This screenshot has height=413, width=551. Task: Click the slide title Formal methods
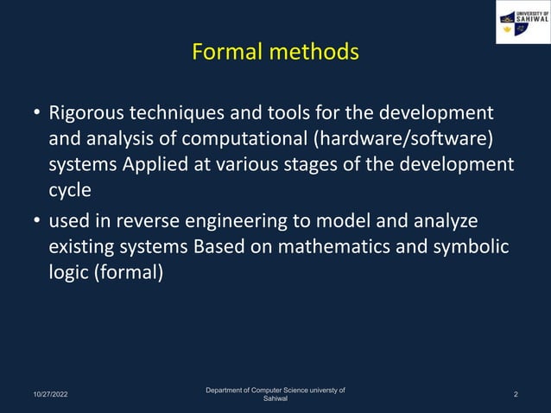(275, 53)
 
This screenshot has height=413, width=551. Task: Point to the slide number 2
(516, 395)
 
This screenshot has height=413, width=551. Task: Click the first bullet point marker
(36, 115)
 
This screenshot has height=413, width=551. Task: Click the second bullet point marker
(36, 223)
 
